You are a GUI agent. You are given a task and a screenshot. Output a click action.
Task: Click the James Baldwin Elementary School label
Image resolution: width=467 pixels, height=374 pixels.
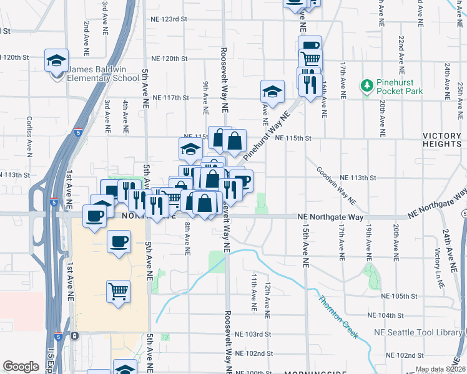point(104,74)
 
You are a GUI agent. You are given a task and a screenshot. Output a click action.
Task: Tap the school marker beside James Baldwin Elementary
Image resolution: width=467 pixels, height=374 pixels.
point(57,62)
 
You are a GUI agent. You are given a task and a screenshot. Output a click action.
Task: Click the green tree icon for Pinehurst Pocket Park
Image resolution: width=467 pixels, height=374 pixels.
point(367,84)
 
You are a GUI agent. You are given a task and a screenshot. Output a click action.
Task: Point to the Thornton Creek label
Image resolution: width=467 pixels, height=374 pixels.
point(338,316)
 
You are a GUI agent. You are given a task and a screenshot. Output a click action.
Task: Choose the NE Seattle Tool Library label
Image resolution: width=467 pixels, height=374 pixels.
point(425,333)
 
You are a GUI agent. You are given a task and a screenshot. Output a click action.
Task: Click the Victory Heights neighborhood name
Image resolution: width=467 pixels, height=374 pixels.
point(441,140)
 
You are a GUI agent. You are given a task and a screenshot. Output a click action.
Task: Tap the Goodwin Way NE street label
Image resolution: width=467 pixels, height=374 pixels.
point(335,186)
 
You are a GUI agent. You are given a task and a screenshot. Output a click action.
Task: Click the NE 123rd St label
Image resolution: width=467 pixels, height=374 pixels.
point(169,19)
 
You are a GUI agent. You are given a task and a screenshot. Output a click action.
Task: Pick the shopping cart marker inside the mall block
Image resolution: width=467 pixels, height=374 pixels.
point(119,291)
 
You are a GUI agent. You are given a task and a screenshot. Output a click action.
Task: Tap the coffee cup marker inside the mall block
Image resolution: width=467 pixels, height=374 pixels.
point(119,241)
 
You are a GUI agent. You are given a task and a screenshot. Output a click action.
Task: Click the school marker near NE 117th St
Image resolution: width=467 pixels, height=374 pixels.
point(272,92)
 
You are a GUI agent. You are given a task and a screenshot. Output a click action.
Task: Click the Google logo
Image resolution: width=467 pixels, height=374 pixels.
point(21,367)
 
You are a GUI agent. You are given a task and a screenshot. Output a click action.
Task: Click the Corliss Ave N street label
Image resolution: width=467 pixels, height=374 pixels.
point(29,135)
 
